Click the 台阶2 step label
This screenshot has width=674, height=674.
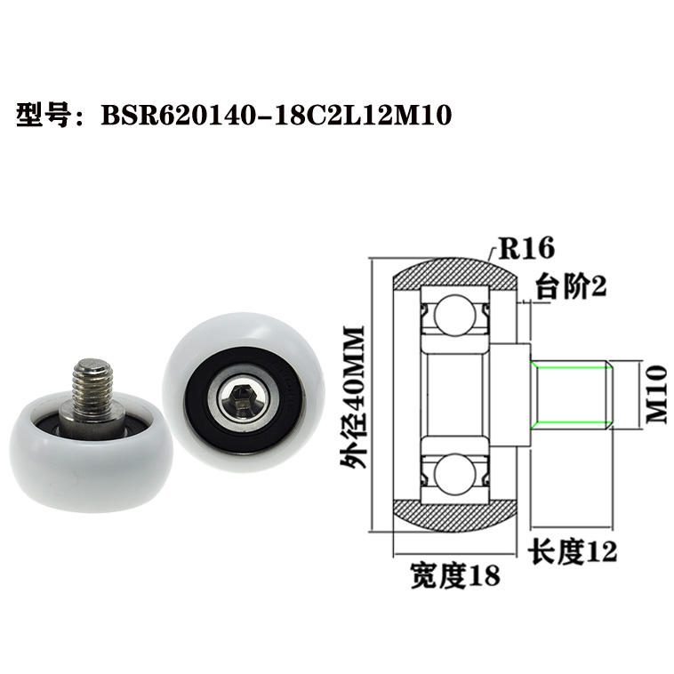click(x=569, y=285)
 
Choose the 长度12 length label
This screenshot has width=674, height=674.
click(x=573, y=551)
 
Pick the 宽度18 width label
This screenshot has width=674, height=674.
click(x=454, y=575)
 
